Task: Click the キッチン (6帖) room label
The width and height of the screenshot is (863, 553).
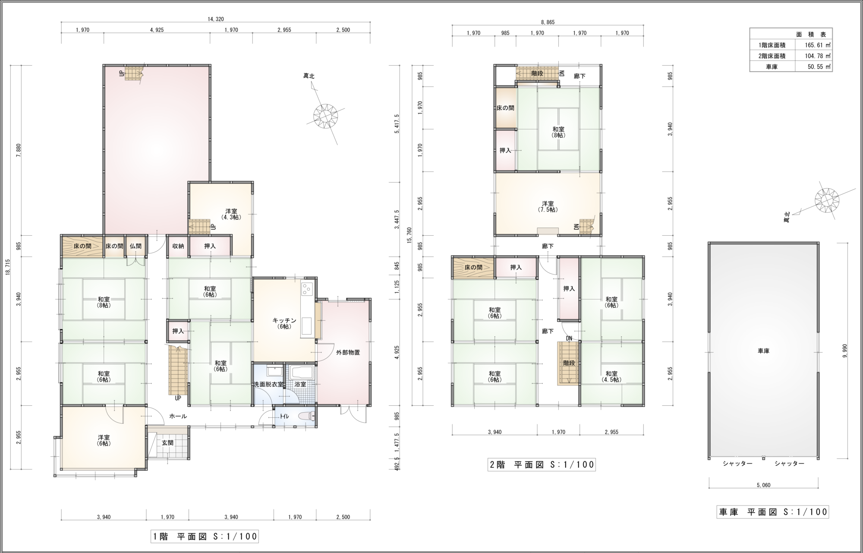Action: [284, 323]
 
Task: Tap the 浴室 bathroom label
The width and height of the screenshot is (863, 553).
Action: [300, 384]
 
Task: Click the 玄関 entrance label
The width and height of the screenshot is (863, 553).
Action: [168, 443]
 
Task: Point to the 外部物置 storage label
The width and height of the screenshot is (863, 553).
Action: [348, 352]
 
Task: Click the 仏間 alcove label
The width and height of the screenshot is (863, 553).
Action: [135, 246]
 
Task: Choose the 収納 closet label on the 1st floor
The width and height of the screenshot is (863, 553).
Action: [178, 246]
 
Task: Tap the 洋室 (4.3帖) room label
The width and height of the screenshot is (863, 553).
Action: [231, 214]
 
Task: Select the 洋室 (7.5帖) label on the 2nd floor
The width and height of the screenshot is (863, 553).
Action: [548, 206]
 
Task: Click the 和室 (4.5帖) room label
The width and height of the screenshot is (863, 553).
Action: [611, 376]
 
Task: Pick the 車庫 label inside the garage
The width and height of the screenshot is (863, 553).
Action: [763, 351]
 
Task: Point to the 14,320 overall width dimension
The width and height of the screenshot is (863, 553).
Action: [216, 19]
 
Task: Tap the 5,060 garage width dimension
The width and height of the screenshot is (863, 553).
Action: [763, 485]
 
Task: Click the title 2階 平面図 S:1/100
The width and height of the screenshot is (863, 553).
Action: [542, 465]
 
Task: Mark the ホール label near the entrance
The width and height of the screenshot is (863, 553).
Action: [178, 416]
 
